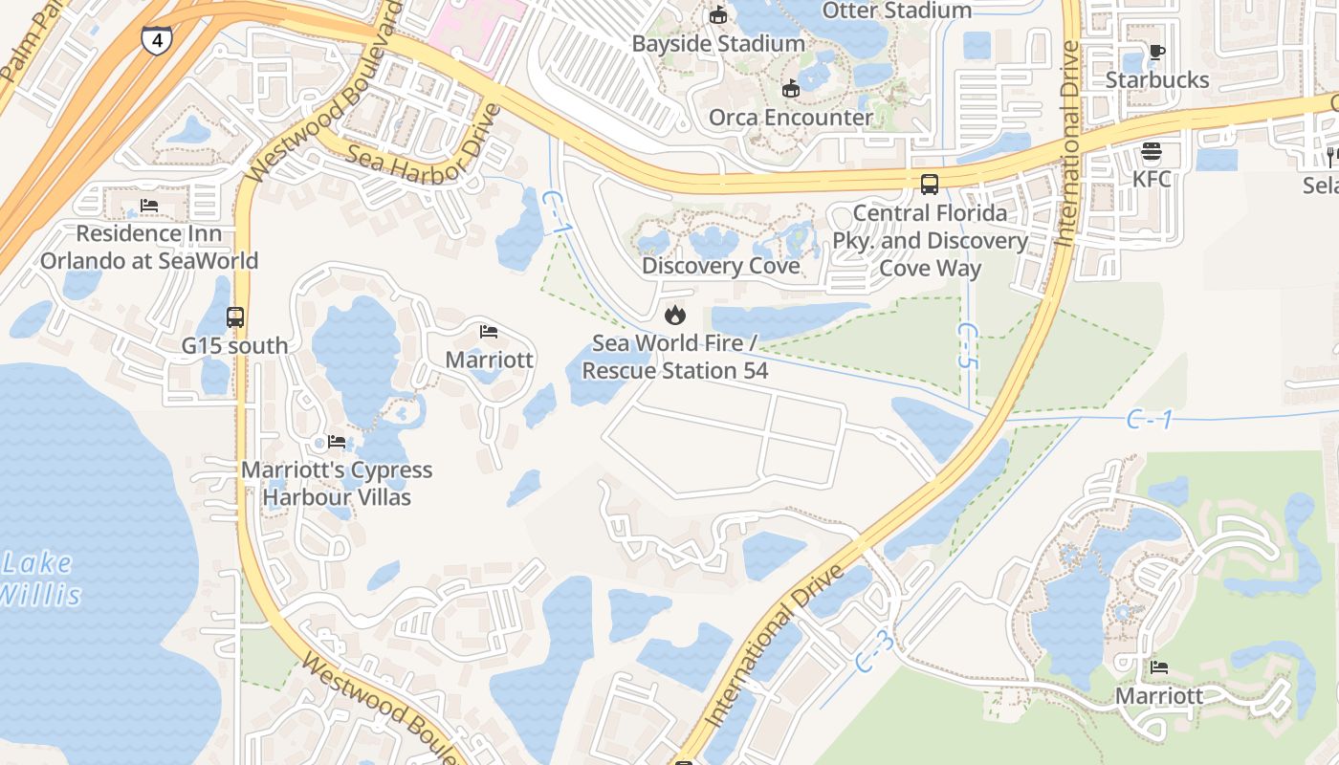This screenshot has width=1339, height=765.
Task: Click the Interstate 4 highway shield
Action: [157, 40]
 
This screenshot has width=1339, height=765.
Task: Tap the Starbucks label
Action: [1157, 79]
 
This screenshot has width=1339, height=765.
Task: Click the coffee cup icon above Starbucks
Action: [1156, 52]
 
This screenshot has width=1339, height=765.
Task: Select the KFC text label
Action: [1152, 179]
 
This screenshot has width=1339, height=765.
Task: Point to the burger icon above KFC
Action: [1152, 151]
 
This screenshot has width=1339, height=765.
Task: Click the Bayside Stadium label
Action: [718, 44]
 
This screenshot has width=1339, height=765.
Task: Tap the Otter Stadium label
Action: [897, 11]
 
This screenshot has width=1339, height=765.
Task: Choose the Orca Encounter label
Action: [790, 118]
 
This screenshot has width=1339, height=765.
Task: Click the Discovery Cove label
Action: [720, 266]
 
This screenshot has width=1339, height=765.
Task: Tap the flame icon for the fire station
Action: [675, 314]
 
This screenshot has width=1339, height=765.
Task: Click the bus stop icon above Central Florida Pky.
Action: [929, 184]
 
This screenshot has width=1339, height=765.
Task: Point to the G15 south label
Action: [235, 345]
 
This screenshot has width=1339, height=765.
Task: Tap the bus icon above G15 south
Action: [235, 317]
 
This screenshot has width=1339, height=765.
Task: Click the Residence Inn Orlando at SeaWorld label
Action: [149, 247]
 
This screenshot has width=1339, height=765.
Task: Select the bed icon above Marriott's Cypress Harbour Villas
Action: [337, 442]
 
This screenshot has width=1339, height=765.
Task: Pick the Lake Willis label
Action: [38, 579]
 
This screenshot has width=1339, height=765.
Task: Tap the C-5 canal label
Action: [968, 345]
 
